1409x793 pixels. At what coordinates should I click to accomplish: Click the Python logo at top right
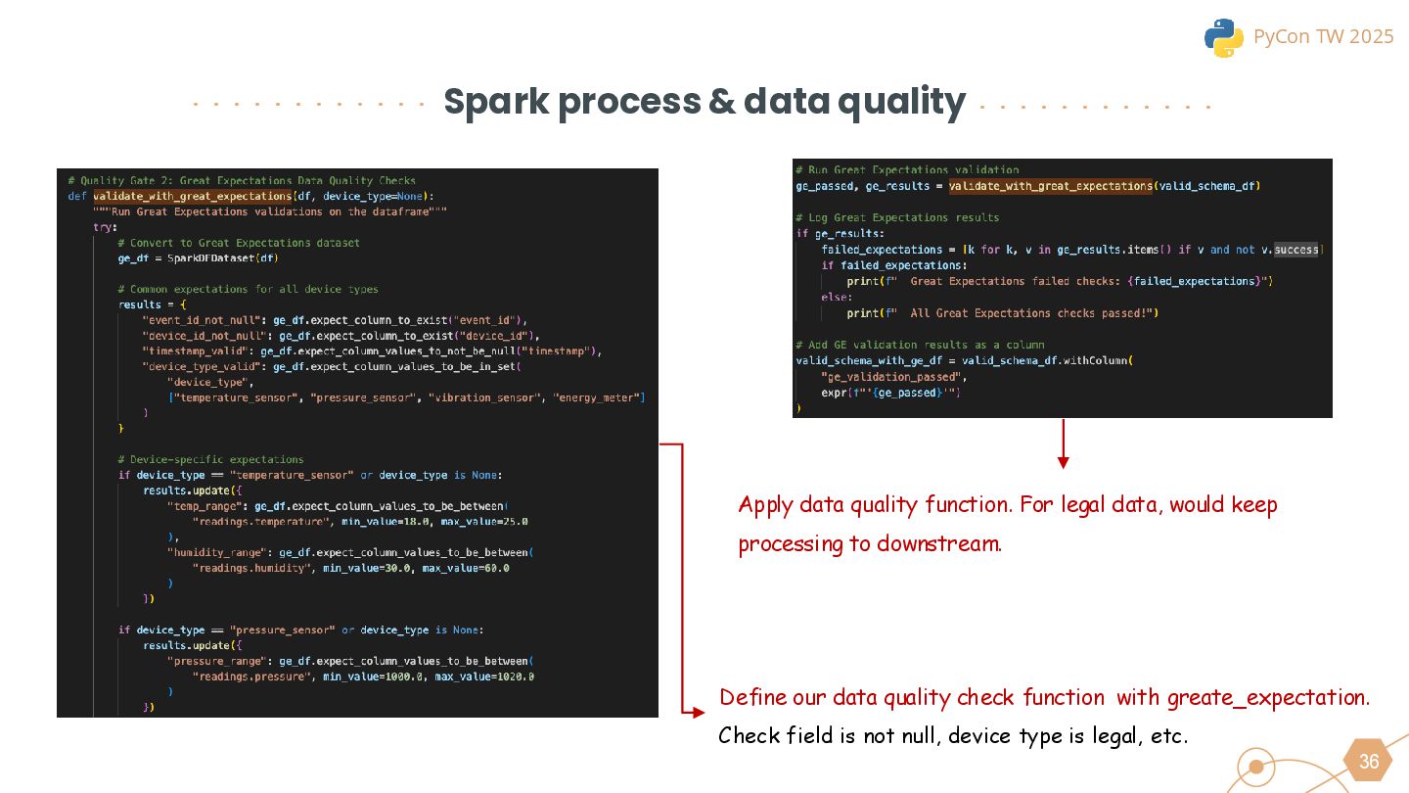1223,37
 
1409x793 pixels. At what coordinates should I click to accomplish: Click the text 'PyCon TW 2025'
1323,37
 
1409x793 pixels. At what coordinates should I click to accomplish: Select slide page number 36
1368,762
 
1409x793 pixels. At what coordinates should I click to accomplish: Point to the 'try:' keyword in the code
104,227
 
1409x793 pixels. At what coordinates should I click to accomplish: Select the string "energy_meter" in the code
597,397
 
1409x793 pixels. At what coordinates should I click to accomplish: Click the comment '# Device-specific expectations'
209,459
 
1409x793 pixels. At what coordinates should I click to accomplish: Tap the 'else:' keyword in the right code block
837,297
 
